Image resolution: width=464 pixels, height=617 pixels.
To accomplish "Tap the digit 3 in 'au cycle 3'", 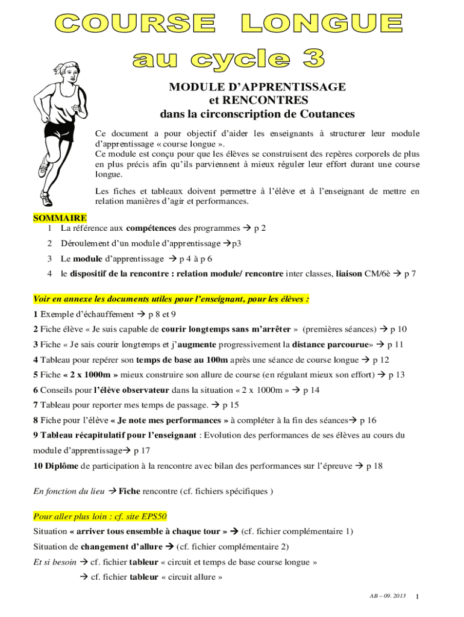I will coord(311,58).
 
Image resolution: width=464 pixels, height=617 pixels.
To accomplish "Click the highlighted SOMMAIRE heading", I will coord(60,218).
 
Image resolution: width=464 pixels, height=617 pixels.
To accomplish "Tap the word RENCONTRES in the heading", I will coord(259,100).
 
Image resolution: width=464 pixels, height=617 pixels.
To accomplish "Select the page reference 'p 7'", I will coord(409,274).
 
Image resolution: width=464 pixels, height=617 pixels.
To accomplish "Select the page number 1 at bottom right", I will coord(417,597).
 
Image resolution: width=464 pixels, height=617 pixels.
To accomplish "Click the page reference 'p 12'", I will coord(381,360).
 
